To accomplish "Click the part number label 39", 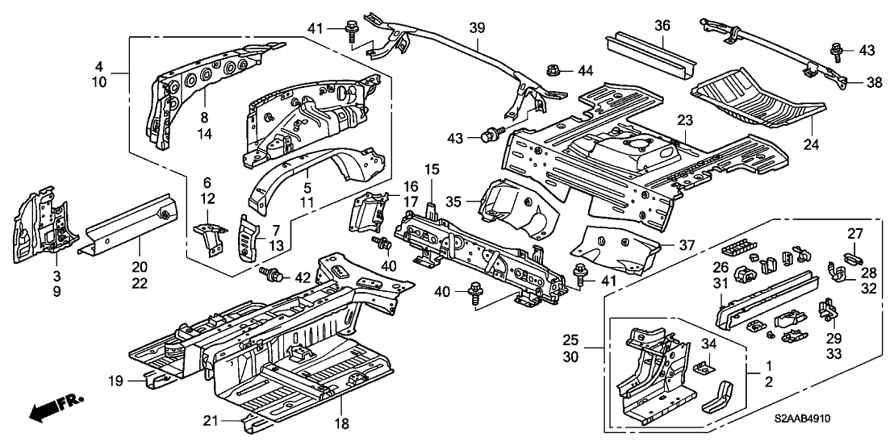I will pos(477,28).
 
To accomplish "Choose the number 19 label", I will pos(115,379).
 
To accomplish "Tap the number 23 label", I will pos(685,120).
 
